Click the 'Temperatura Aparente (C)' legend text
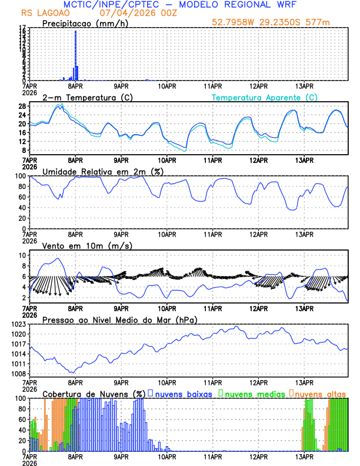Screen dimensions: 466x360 point(265,97)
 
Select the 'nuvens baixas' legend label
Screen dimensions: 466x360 point(184,394)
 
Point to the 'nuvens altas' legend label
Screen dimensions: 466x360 point(321,394)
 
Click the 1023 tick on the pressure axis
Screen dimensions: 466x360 point(21,324)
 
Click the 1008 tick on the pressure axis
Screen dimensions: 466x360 point(21,374)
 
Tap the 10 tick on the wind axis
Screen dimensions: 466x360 point(22,255)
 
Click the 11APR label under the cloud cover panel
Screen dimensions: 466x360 point(212,456)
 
